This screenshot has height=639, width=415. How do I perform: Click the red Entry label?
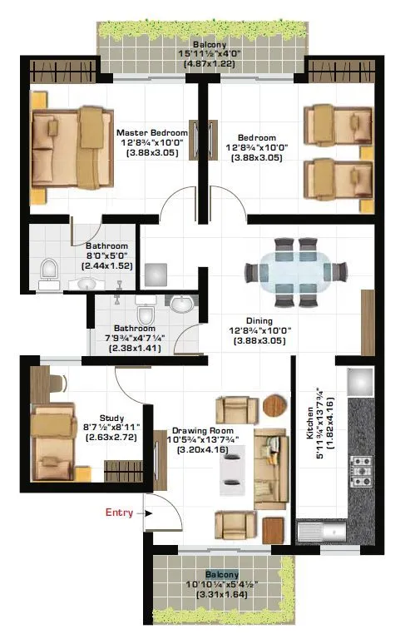(x=119, y=513)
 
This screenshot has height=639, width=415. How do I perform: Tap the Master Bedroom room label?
(x=151, y=132)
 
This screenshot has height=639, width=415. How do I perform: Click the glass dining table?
(x=296, y=272)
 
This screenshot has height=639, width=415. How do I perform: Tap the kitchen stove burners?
(x=362, y=471)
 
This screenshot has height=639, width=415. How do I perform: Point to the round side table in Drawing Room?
(x=273, y=405)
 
